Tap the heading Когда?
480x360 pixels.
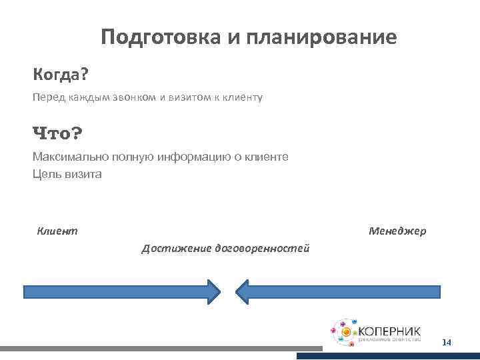pyautogui.click(x=61, y=72)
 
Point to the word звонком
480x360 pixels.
pyautogui.click(x=131, y=97)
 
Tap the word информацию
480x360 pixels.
pyautogui.click(x=189, y=157)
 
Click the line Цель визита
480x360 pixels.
pyautogui.click(x=67, y=174)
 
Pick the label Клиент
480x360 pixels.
pyautogui.click(x=57, y=231)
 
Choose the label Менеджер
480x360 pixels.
pyautogui.click(x=397, y=231)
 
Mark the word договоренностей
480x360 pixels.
pyautogui.click(x=261, y=249)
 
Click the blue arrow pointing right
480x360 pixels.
pyautogui.click(x=113, y=292)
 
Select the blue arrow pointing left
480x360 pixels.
pyautogui.click(x=347, y=292)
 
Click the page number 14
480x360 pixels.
pyautogui.click(x=446, y=343)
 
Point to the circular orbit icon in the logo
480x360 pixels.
pyautogui.click(x=345, y=331)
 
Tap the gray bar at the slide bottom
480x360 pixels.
pyautogui.click(x=160, y=348)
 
